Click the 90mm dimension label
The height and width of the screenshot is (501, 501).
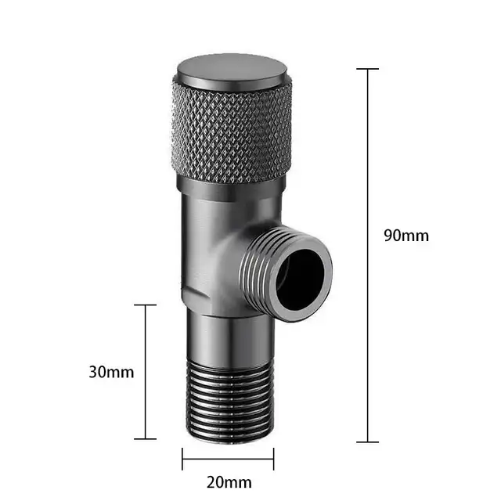coord(406,235)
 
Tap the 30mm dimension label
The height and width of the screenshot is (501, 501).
coord(111,372)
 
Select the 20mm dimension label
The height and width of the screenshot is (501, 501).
coord(229,482)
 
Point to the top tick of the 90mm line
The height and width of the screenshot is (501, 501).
coord(368,69)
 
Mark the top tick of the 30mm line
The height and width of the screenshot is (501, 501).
coord(145,305)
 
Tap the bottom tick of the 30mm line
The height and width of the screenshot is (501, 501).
coord(145,439)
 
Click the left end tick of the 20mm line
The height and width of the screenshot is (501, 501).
coord(182,458)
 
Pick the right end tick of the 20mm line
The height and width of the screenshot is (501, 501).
coord(274,458)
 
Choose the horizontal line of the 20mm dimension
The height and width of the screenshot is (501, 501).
coord(228,458)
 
